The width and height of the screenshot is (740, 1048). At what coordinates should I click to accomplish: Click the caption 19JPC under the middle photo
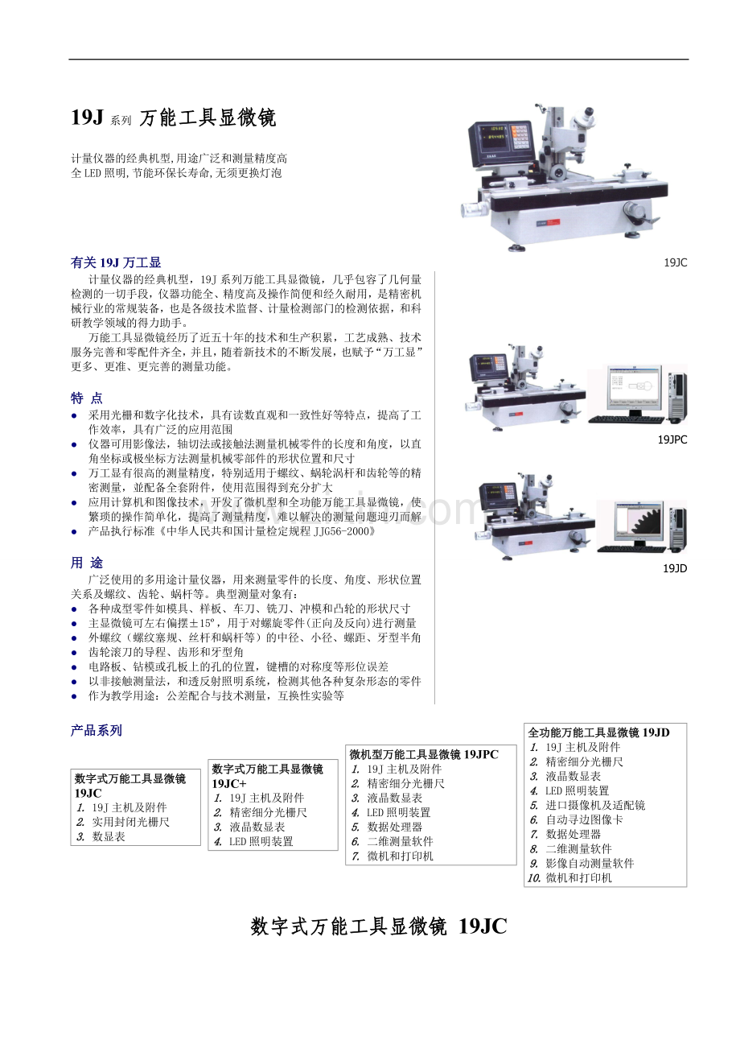pyautogui.click(x=672, y=439)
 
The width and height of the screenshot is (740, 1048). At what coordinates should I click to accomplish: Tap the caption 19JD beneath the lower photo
pyautogui.click(x=675, y=568)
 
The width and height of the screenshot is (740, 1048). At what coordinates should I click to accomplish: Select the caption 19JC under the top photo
pyautogui.click(x=676, y=262)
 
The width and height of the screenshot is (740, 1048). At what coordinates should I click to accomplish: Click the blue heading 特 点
pyautogui.click(x=87, y=398)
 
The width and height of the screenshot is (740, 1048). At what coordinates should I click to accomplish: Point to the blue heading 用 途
pyautogui.click(x=87, y=563)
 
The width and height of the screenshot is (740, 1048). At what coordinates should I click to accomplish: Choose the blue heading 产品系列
pyautogui.click(x=97, y=730)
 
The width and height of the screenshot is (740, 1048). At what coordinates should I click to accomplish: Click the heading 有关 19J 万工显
pyautogui.click(x=116, y=262)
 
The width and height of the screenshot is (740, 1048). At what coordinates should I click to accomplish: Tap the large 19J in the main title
pyautogui.click(x=87, y=117)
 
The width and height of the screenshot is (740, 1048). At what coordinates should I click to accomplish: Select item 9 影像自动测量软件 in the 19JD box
pyautogui.click(x=590, y=863)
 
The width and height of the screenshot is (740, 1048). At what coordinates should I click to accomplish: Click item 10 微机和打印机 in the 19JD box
pyautogui.click(x=578, y=877)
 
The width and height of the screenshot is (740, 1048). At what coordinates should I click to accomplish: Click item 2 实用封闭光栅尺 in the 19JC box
pyautogui.click(x=130, y=822)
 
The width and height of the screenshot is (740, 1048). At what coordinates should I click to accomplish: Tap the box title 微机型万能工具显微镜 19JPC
pyautogui.click(x=424, y=754)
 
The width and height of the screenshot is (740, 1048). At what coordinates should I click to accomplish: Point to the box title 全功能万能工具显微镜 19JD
pyautogui.click(x=598, y=732)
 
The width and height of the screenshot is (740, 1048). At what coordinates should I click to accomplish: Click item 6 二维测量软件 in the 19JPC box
pyautogui.click(x=400, y=841)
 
